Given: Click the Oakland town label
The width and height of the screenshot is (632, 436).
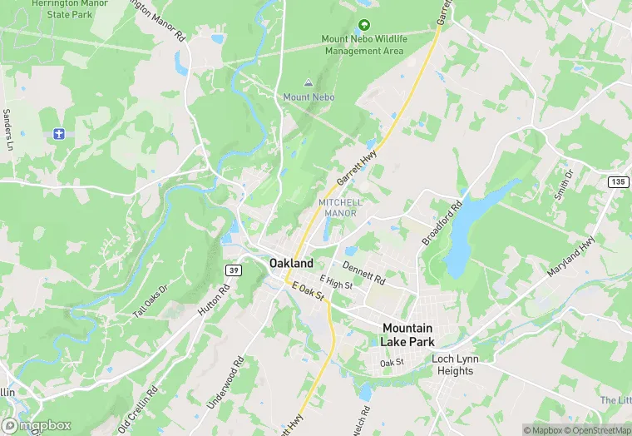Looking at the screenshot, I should [291, 263].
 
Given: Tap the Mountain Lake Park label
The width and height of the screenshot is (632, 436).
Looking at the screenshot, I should [407, 334].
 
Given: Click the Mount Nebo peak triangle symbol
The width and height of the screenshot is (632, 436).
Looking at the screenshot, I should [309, 83].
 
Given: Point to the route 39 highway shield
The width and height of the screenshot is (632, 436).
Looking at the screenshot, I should [234, 270].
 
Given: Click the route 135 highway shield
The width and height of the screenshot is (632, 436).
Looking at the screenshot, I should [618, 181].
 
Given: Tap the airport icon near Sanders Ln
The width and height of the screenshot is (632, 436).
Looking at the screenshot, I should [58, 133].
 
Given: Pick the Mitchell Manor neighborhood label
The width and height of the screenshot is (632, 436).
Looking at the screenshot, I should [339, 208].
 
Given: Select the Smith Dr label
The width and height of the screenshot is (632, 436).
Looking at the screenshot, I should [565, 187].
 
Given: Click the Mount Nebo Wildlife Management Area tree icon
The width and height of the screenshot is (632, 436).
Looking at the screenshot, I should [363, 26].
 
